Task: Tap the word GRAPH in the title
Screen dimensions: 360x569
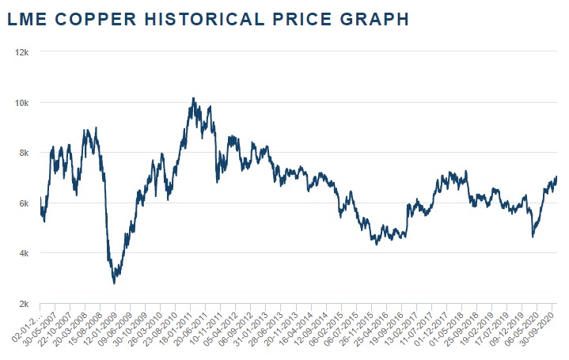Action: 376,19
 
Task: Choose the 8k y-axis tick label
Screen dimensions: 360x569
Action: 22,153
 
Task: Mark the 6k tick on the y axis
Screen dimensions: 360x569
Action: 22,203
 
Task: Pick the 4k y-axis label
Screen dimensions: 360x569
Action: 22,253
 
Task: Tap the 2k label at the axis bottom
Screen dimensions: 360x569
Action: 22,304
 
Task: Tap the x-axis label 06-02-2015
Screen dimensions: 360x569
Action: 331,329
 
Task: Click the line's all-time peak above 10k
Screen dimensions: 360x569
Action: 193,99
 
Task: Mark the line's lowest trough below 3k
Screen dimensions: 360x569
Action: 115,282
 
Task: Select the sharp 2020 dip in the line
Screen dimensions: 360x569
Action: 533,236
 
